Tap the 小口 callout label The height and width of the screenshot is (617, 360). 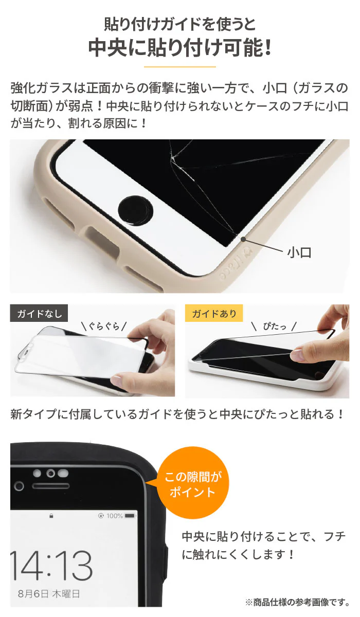click(x=299, y=252)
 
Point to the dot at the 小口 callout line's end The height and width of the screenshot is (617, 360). click(x=243, y=239)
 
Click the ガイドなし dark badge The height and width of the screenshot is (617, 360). click(x=39, y=313)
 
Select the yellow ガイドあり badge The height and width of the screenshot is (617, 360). click(x=214, y=313)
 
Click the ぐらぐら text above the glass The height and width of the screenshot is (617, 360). click(x=104, y=326)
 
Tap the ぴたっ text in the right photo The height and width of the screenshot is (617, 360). click(x=275, y=326)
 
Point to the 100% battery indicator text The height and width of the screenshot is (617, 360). click(x=115, y=516)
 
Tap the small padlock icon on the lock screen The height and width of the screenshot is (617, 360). click(x=51, y=516)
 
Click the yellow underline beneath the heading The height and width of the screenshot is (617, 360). click(x=180, y=67)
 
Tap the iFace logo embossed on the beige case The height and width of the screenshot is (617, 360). click(x=235, y=262)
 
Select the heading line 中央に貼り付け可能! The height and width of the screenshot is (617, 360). click(x=180, y=48)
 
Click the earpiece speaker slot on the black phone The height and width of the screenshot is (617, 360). click(x=51, y=486)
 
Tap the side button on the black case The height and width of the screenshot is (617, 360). click(x=166, y=556)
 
